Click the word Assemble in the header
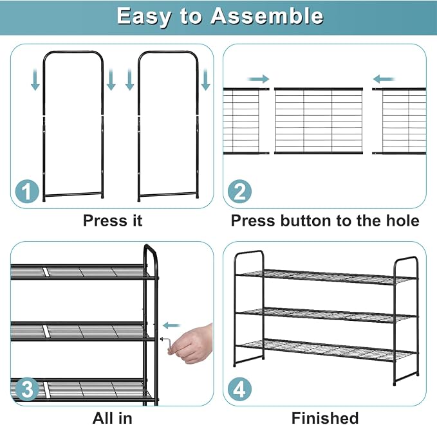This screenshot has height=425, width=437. point(266,16)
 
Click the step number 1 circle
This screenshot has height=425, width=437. point(27,191)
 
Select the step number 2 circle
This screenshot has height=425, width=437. point(239,191)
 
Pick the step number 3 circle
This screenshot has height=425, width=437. point(27,389)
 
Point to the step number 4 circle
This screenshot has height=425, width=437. point(239,389)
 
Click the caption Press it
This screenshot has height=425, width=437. point(113,221)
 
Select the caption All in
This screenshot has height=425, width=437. point(113,418)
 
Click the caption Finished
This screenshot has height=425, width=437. point(325,418)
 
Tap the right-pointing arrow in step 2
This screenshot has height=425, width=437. point(258,79)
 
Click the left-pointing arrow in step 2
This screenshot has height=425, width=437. point(384,79)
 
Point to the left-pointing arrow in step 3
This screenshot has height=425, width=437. point(172,325)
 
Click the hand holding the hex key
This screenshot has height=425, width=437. point(193,343)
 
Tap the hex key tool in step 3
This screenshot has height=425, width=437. point(166,345)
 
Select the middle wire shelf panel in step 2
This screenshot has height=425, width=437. point(319,121)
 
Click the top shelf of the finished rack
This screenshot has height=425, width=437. point(326,277)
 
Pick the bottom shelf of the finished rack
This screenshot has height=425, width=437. point(326,350)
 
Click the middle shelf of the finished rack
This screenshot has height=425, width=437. point(326,315)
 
